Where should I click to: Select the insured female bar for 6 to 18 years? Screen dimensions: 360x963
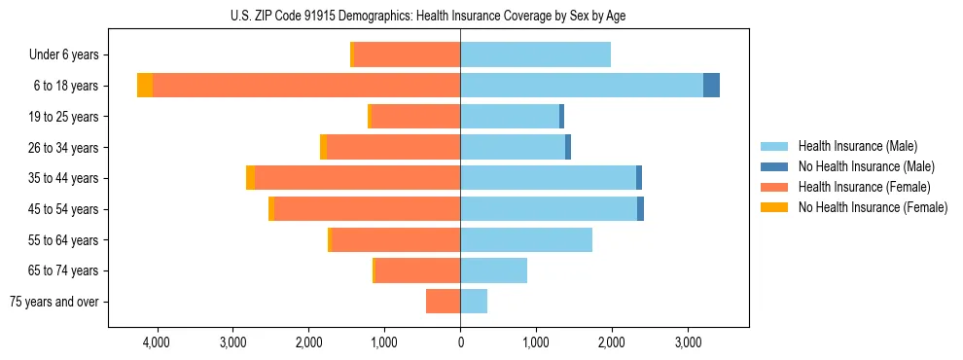click(306, 86)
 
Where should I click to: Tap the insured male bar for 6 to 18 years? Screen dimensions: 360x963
click(582, 86)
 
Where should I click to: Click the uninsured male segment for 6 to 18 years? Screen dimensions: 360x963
click(711, 86)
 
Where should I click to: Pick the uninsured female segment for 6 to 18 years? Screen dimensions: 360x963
click(145, 86)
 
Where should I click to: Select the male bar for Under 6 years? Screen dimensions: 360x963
click(535, 54)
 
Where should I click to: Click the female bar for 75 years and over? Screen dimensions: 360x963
click(443, 302)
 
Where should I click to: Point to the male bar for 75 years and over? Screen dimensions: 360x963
click(474, 302)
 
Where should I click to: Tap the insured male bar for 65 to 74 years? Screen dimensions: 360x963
click(493, 270)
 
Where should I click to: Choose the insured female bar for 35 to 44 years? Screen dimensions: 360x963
click(357, 178)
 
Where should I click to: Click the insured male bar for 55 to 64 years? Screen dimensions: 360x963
click(526, 239)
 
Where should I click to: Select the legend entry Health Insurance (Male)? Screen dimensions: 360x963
click(856, 146)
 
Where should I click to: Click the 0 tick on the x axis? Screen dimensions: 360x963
click(460, 343)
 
